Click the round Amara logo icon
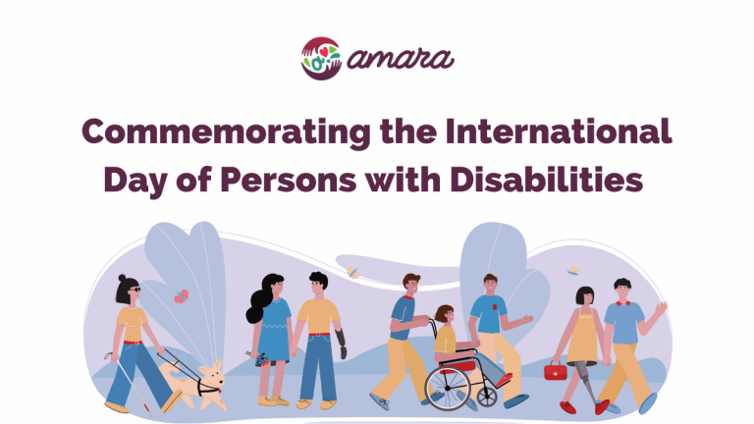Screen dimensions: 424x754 tap(320, 57)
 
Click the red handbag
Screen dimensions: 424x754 tap(556, 371)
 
